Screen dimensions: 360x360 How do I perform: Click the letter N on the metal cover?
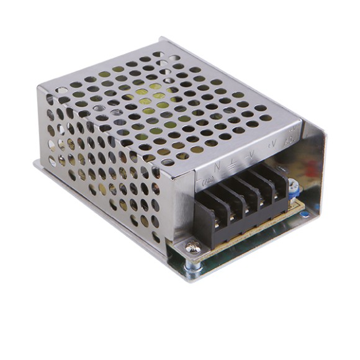tap(216, 166)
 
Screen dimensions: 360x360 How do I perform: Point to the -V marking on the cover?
tap(250, 155)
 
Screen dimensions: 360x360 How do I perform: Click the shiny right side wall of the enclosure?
tap(314, 168)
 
